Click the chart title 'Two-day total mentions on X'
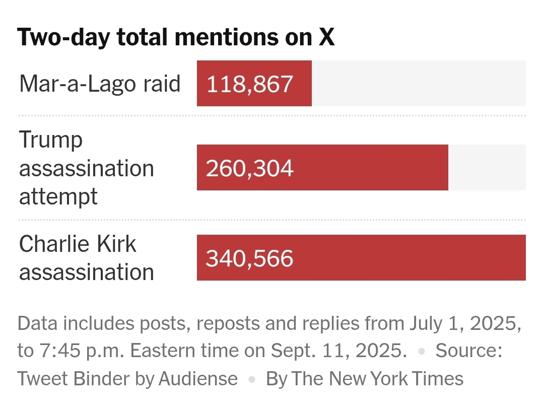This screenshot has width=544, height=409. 176,37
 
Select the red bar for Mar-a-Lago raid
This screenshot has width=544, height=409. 254,83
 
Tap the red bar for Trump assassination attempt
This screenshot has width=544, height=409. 322,167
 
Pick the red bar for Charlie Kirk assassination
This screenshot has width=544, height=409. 361,257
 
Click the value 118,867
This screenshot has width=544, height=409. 250,84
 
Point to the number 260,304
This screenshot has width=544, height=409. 249,168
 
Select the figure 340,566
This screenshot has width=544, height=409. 249,258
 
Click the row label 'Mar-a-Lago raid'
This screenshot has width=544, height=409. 100,83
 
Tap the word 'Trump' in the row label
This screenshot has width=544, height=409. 50,140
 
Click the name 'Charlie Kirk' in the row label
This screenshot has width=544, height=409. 78,244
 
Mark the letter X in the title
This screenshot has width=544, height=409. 327,37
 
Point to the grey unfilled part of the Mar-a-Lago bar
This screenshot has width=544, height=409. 418,83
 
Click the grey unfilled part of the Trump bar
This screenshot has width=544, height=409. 487,167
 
